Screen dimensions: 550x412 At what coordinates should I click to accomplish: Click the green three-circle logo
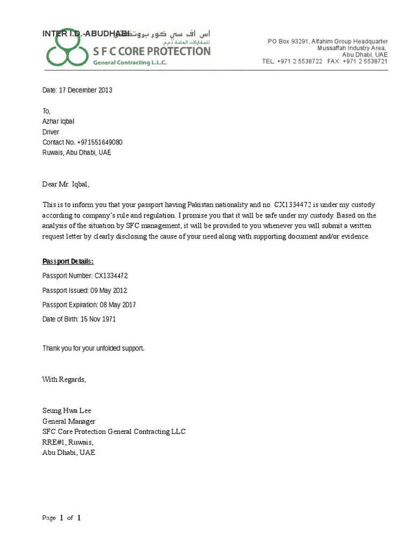[x=65, y=54]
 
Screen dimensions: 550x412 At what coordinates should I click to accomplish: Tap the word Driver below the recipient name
[x=51, y=132]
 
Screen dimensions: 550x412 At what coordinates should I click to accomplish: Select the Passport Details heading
[x=68, y=262]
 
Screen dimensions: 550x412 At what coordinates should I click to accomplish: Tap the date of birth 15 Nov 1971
[x=98, y=320]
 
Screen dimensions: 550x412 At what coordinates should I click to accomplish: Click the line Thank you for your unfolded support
[x=93, y=349]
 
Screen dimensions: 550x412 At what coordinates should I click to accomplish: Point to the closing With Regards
[x=64, y=379]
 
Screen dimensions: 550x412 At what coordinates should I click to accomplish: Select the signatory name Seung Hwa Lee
[x=63, y=411]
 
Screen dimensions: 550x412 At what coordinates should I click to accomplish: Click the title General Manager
[x=69, y=422]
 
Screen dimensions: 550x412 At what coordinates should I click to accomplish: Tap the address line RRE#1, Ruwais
[x=68, y=442]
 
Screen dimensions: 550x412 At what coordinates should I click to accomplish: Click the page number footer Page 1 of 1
[x=62, y=518]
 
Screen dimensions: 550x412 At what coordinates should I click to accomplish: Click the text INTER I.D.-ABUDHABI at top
[x=86, y=34]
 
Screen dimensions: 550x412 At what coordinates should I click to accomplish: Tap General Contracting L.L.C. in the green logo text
[x=130, y=62]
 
